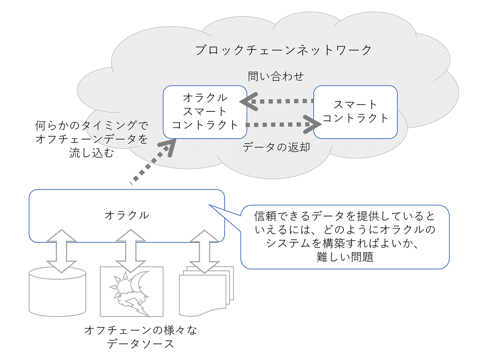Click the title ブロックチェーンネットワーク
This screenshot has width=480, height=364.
point(283,50)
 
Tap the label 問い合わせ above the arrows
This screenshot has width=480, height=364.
point(275,76)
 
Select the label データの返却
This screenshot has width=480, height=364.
point(276,147)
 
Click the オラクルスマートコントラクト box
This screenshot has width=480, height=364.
point(205,112)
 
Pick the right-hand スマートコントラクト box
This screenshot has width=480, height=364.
point(355,112)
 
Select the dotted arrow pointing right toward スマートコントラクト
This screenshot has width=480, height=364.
point(284,125)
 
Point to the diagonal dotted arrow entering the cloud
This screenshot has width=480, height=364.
point(153,162)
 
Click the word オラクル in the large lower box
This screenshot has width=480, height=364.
point(127,215)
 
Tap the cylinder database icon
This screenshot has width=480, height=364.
point(57,292)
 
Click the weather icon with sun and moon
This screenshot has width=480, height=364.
point(132,291)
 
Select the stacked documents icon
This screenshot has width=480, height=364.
point(206,291)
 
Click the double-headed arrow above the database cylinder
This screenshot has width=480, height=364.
point(61,251)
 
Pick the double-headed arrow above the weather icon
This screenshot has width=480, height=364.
point(131,251)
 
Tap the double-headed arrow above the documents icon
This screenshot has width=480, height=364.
point(205,252)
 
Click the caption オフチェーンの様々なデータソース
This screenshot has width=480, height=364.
point(141,337)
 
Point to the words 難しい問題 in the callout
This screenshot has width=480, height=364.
point(345,257)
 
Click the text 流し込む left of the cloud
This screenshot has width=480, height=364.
point(92,152)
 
